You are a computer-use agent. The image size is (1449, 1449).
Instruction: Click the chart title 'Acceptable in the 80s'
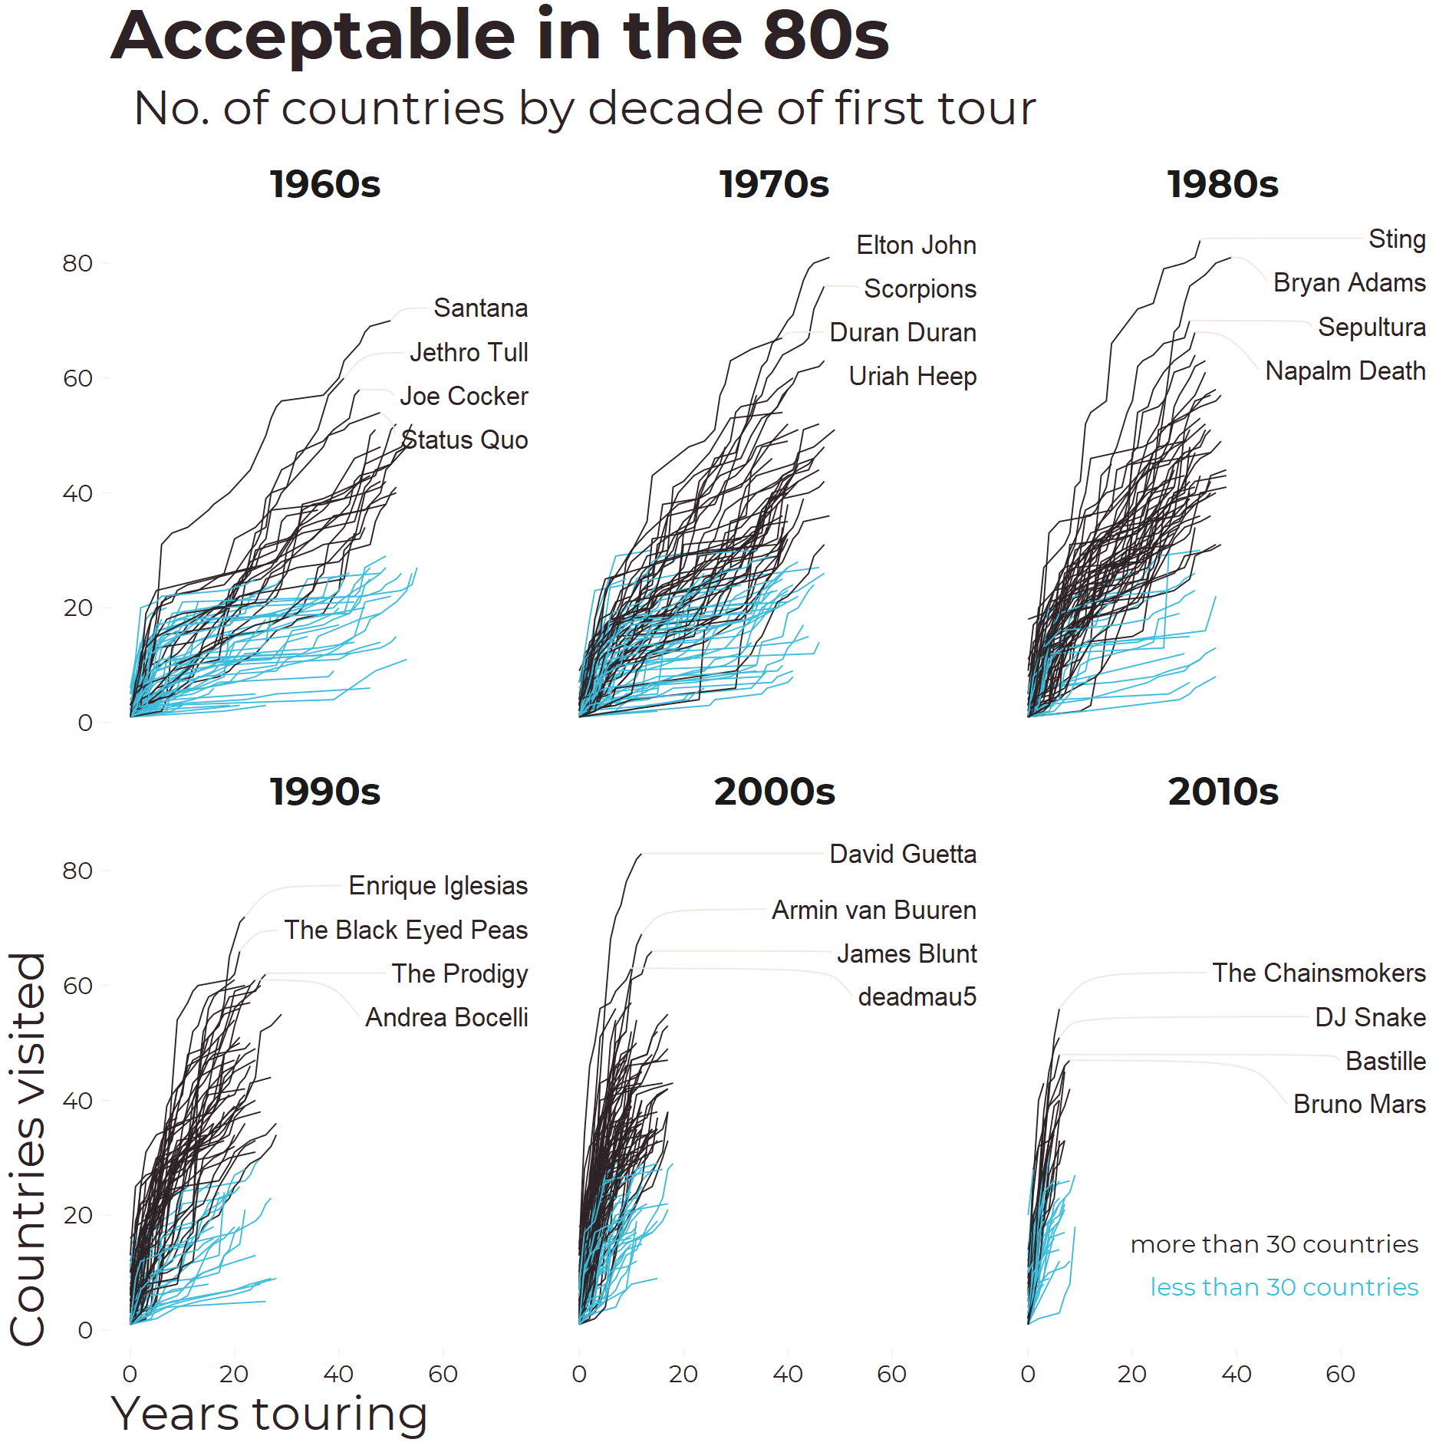coord(499,36)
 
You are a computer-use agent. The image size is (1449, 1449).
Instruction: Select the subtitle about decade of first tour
coord(584,108)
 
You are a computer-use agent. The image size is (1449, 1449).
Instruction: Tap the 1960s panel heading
coord(324,185)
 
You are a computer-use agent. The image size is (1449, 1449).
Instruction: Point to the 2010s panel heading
coord(1223,792)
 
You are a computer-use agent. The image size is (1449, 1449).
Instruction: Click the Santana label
coord(480,308)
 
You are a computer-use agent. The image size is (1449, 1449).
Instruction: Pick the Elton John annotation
coord(916,245)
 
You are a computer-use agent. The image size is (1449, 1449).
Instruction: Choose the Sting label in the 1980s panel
coord(1397,239)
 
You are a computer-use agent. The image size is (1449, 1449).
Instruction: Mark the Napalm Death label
coord(1345,371)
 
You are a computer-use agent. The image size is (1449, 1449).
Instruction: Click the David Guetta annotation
coord(903,855)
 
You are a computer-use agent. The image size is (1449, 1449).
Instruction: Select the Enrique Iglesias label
coord(438,886)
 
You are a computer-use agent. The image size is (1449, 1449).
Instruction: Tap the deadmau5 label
coord(917,997)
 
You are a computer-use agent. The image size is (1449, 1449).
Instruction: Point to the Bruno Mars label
coord(1359,1105)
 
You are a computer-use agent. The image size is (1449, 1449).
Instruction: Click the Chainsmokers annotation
coord(1319,973)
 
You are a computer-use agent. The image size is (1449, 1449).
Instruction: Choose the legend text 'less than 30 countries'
coord(1284,1287)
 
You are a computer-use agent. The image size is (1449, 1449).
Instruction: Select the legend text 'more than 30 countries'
coord(1274,1244)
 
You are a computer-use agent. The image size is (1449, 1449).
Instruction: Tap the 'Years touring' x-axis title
coord(269,1414)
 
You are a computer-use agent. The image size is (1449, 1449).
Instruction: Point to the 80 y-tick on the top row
coord(77,264)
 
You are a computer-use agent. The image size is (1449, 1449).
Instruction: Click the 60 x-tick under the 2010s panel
coord(1340,1374)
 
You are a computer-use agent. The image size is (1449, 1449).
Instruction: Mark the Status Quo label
coord(465,440)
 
